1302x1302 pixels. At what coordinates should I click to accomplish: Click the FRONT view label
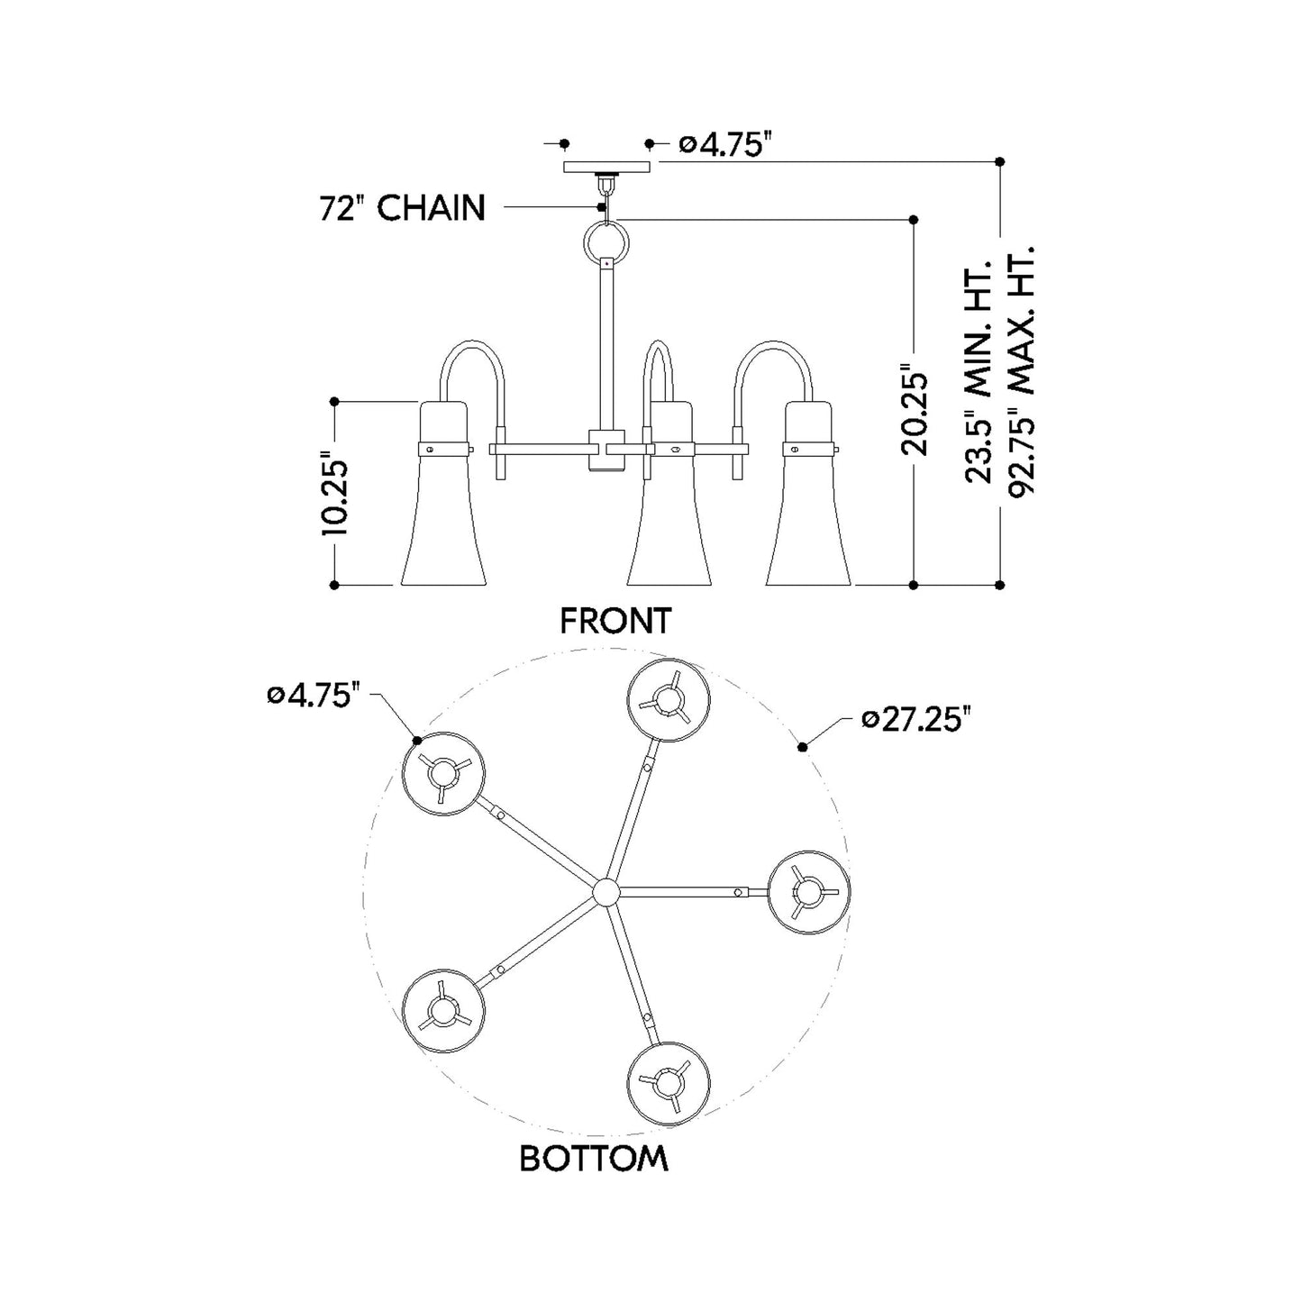pos(615,621)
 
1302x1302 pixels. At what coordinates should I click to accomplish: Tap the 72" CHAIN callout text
pos(402,208)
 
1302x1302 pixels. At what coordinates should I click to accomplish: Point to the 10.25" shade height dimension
pos(335,496)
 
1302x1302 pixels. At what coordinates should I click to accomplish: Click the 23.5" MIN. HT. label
pos(979,369)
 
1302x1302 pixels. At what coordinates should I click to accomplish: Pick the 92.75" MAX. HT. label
pos(1021,369)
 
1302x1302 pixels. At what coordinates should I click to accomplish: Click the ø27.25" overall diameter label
pos(916,720)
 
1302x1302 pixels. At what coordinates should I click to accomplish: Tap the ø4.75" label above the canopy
pos(724,144)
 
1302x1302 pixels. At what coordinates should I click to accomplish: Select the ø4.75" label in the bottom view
pos(314,696)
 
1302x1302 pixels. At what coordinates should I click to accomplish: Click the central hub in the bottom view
pos(606,892)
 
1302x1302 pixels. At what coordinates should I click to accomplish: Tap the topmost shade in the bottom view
pos(669,700)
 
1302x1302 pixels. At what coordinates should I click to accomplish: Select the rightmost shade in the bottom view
pos(808,891)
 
